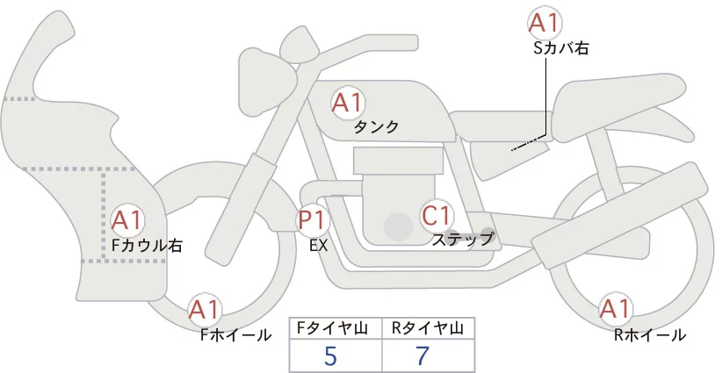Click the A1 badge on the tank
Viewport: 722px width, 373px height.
point(348,103)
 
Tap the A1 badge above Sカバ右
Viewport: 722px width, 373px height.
point(545,23)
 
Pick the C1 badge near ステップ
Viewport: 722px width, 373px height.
point(437,214)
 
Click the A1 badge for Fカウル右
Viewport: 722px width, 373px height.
point(128,219)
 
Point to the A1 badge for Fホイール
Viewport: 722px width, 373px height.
point(206,310)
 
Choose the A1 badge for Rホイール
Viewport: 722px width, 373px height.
point(614,309)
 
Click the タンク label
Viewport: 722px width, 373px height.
point(376,127)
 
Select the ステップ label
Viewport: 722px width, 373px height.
point(463,238)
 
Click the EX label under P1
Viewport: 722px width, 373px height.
point(318,246)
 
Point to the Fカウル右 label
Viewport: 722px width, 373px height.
point(146,246)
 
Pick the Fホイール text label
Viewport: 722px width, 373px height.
point(235,334)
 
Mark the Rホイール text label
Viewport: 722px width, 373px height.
point(650,334)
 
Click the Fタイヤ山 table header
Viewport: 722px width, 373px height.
point(336,328)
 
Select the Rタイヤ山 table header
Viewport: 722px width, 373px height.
point(428,328)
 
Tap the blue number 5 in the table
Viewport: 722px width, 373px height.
point(330,355)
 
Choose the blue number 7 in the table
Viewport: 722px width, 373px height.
point(422,355)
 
